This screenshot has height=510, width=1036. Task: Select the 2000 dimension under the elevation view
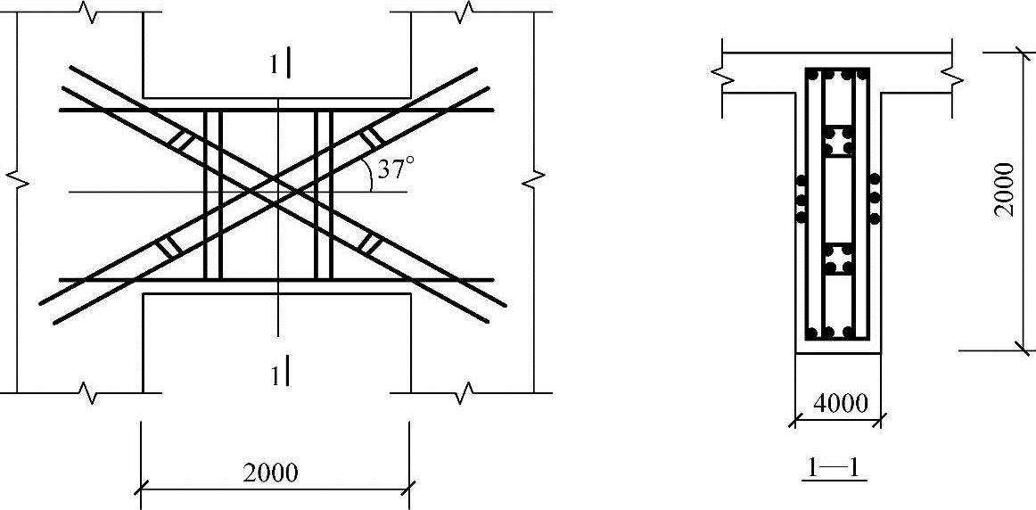point(270,473)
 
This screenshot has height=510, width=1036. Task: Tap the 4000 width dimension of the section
point(839,403)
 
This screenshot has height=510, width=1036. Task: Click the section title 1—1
point(833,468)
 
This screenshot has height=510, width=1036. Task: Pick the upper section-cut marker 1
point(280,65)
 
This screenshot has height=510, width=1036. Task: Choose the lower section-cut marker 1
point(280,375)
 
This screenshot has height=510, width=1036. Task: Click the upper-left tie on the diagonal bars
point(181,141)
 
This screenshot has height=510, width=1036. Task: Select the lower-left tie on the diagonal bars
point(169,246)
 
